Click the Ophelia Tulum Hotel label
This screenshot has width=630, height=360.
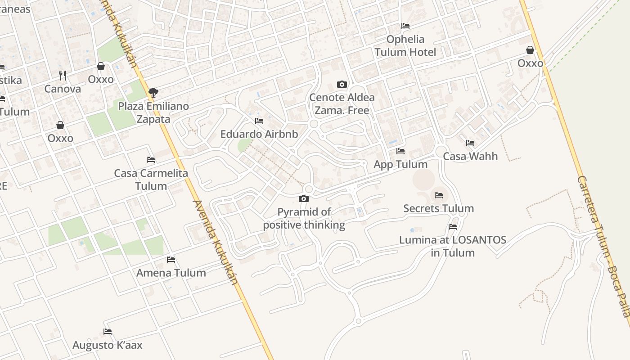[405, 45]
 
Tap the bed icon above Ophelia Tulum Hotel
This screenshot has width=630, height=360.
[405, 26]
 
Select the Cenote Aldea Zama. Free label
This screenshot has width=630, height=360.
[342, 104]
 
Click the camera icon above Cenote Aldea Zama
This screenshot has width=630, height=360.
[342, 84]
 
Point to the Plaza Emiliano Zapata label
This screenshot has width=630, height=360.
[153, 112]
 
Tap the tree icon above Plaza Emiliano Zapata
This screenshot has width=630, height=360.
[153, 93]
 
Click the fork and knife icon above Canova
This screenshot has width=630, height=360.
[63, 75]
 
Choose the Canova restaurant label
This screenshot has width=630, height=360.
[63, 89]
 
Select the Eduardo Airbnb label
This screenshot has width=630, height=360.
[259, 134]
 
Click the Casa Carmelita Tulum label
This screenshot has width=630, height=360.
[151, 180]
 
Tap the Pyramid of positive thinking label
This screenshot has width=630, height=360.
[304, 218]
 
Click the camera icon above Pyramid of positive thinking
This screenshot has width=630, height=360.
[304, 198]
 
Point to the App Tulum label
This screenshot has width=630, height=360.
[400, 164]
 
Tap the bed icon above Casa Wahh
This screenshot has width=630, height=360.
[470, 143]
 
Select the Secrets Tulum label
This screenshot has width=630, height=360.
[439, 208]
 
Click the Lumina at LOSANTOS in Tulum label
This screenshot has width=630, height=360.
[453, 246]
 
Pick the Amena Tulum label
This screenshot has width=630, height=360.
[171, 273]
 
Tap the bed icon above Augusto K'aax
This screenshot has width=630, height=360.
[108, 332]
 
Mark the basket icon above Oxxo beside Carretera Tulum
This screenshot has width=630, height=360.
[530, 50]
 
